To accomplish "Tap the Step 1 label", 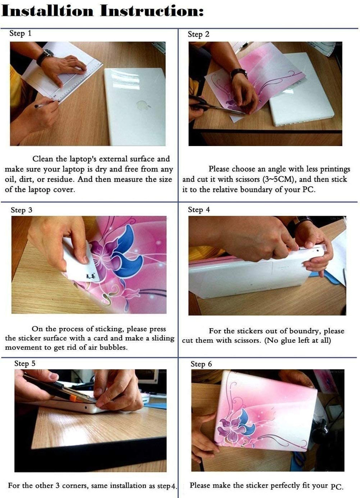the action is coord(20,34).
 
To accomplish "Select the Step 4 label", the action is coord(199,210).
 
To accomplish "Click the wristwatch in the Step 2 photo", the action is coord(239,74).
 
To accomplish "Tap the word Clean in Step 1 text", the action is coord(43,159).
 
